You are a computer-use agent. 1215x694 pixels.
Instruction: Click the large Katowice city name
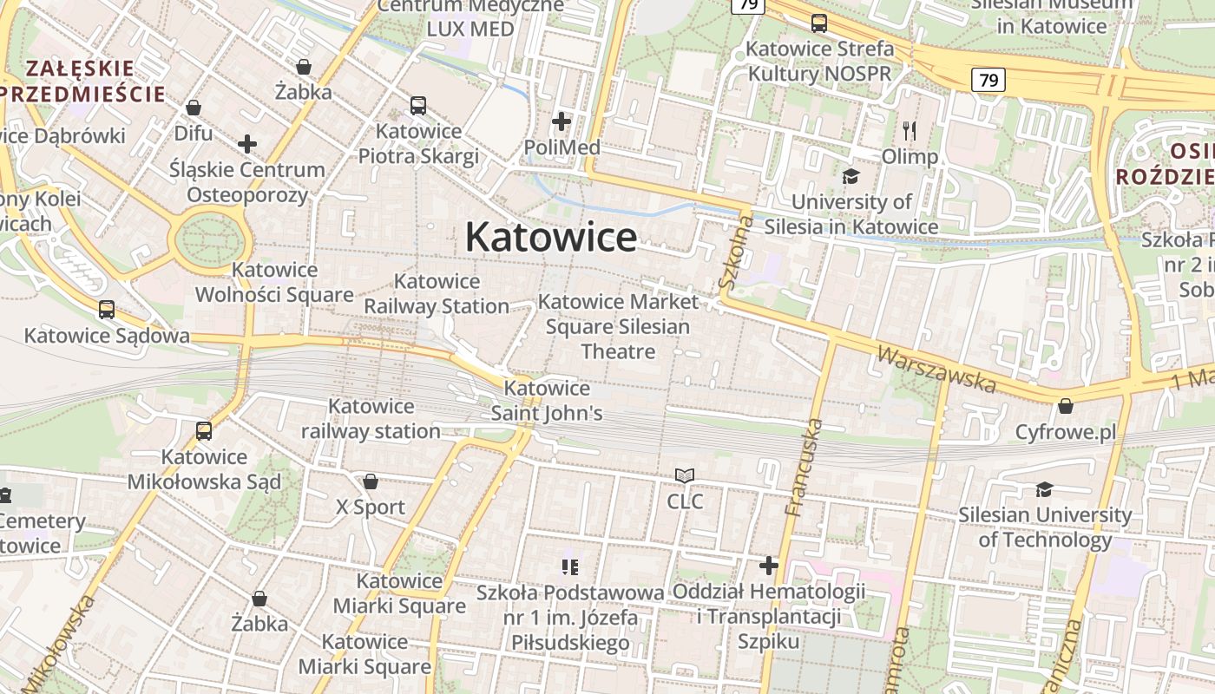click(551, 237)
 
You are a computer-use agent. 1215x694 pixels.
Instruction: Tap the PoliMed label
click(562, 147)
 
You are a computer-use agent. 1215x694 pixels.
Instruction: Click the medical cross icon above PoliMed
click(562, 121)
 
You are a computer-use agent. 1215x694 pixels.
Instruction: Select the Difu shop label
click(193, 134)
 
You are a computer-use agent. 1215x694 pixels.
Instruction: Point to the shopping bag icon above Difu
click(194, 108)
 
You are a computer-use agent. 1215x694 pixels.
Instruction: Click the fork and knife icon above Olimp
click(910, 131)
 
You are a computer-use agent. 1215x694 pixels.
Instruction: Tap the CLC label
click(685, 501)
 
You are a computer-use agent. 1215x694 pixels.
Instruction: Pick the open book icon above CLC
click(685, 475)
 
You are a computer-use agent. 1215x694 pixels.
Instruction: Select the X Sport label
click(371, 507)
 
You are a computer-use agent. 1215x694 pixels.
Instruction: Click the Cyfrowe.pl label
click(1066, 432)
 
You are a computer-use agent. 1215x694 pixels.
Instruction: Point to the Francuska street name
click(803, 468)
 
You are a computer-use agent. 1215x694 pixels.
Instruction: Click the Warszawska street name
click(936, 369)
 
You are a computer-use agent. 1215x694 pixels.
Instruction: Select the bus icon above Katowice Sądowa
click(107, 310)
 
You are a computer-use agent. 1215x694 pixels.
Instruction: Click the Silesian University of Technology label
click(1045, 527)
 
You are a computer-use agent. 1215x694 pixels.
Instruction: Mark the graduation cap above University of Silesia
click(850, 177)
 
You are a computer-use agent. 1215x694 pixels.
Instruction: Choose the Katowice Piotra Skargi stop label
click(418, 144)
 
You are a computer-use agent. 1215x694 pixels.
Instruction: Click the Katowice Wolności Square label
click(274, 283)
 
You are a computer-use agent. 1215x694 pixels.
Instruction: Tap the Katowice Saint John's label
click(547, 401)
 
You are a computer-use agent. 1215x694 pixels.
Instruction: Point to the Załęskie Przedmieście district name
click(82, 81)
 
